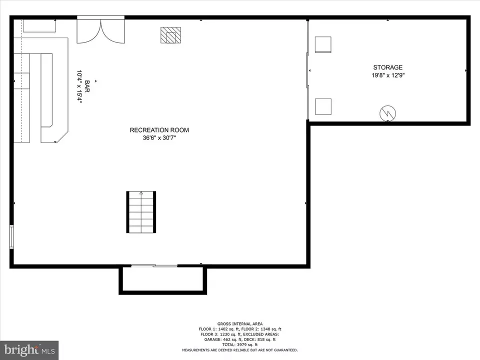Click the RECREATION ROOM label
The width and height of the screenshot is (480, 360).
pyautogui.click(x=159, y=130)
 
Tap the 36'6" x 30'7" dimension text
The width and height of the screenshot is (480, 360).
pyautogui.click(x=159, y=138)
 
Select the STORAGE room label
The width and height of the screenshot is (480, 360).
pyautogui.click(x=387, y=67)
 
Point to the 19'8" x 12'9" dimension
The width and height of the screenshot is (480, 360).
pyautogui.click(x=388, y=75)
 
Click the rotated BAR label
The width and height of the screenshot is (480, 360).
pyautogui.click(x=87, y=86)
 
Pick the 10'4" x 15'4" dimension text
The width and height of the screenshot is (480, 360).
pyautogui.click(x=79, y=87)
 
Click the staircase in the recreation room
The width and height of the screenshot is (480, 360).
pyautogui.click(x=141, y=212)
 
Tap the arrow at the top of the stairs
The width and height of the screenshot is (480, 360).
pyautogui.click(x=141, y=193)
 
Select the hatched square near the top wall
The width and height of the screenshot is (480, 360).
pyautogui.click(x=170, y=35)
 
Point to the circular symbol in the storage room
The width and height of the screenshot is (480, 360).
pyautogui.click(x=387, y=113)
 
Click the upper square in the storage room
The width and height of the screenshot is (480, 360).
pyautogui.click(x=323, y=44)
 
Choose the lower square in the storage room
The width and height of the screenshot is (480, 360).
pyautogui.click(x=323, y=106)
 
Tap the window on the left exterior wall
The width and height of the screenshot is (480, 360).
pyautogui.click(x=11, y=236)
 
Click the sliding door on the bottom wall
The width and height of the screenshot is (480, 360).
pyautogui.click(x=154, y=265)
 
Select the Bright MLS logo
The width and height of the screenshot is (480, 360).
pyautogui.click(x=29, y=350)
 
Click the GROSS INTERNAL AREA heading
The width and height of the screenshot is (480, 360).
pyautogui.click(x=240, y=324)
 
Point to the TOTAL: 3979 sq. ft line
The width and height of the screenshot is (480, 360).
pyautogui.click(x=240, y=344)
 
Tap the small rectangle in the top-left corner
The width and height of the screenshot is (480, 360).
pyautogui.click(x=39, y=25)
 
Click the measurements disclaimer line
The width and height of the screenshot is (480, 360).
pyautogui.click(x=240, y=350)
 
